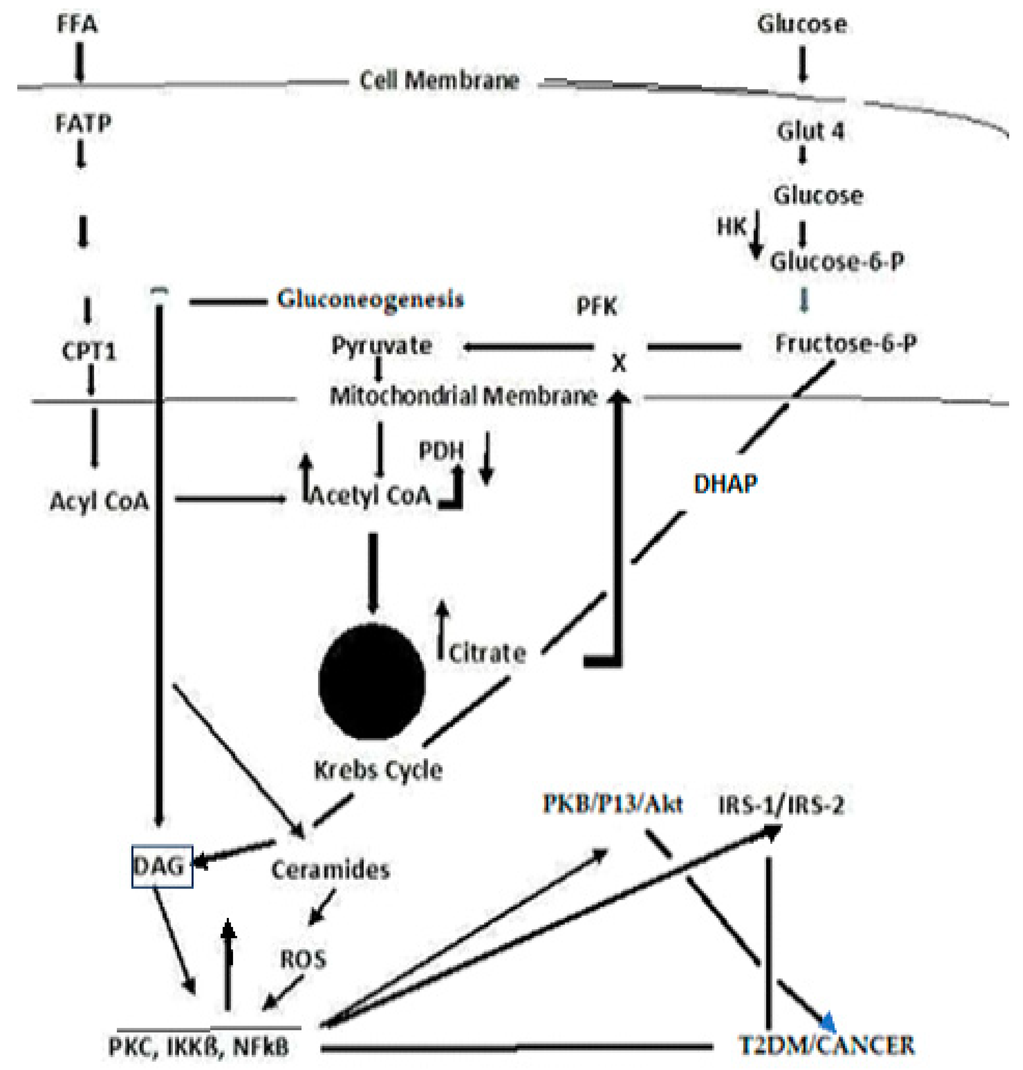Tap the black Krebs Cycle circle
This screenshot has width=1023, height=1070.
pyautogui.click(x=372, y=681)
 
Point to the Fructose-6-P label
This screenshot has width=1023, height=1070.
pyautogui.click(x=846, y=344)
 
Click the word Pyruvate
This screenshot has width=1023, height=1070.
pyautogui.click(x=382, y=345)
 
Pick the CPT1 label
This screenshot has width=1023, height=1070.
pyautogui.click(x=89, y=352)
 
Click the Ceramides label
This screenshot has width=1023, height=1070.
pyautogui.click(x=330, y=869)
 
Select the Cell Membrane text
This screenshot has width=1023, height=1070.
pyautogui.click(x=439, y=81)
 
